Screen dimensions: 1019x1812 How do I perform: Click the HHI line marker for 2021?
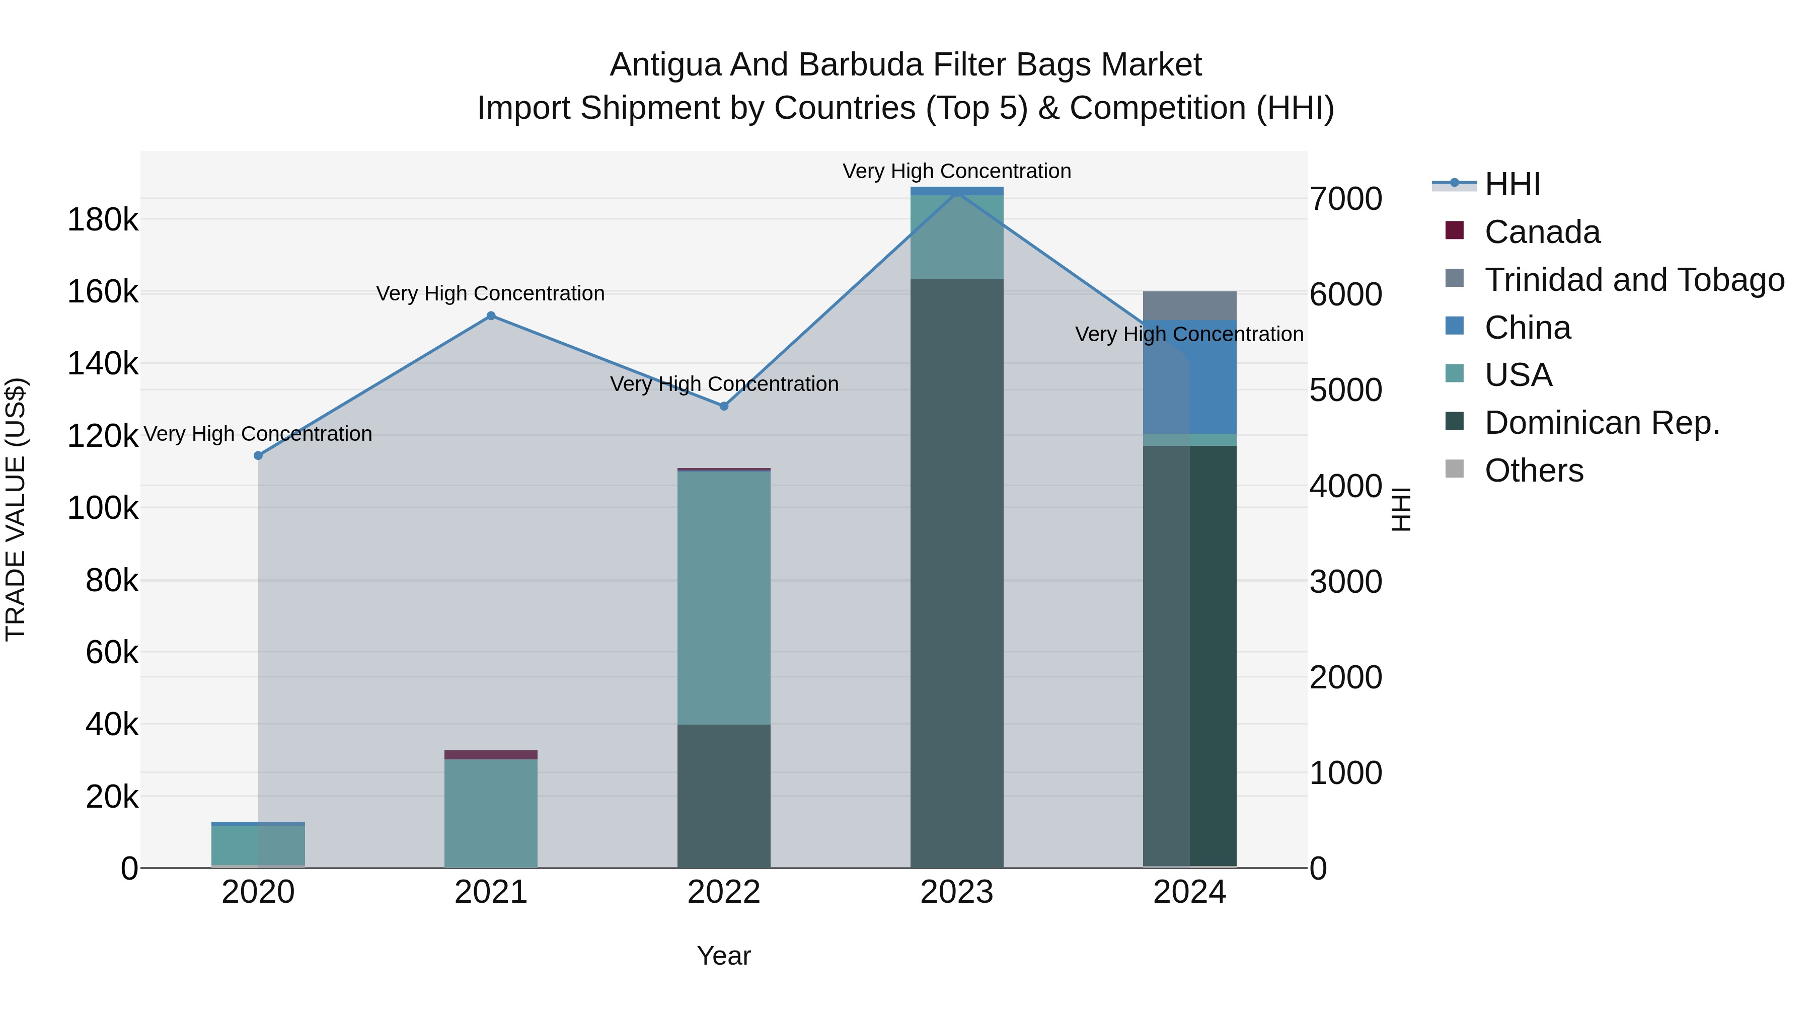pyautogui.click(x=491, y=316)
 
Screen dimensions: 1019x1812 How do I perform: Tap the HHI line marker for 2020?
pyautogui.click(x=258, y=456)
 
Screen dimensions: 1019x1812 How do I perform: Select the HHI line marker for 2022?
pyautogui.click(x=724, y=406)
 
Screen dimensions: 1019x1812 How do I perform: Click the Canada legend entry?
pyautogui.click(x=1542, y=232)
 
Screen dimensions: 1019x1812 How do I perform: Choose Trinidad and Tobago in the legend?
pyautogui.click(x=1634, y=280)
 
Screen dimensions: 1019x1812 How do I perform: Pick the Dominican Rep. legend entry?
pyautogui.click(x=1602, y=423)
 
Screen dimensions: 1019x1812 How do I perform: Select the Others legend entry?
pyautogui.click(x=1534, y=471)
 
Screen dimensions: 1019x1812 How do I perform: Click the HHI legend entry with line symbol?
pyautogui.click(x=1513, y=184)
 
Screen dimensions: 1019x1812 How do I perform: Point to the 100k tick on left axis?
pyautogui.click(x=103, y=508)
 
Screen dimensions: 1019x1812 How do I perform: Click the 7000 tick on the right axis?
pyautogui.click(x=1345, y=199)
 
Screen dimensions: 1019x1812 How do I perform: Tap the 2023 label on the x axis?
pyautogui.click(x=957, y=892)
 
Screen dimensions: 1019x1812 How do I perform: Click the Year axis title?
pyautogui.click(x=724, y=956)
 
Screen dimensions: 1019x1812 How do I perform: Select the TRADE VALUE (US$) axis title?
pyautogui.click(x=16, y=509)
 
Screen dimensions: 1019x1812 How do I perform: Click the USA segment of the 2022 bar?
pyautogui.click(x=724, y=598)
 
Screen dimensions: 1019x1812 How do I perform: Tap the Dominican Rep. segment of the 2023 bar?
pyautogui.click(x=957, y=573)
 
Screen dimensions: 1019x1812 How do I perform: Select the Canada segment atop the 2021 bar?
pyautogui.click(x=491, y=755)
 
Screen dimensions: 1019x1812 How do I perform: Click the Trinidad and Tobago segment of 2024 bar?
pyautogui.click(x=1189, y=305)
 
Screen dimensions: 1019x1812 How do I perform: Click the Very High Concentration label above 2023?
pyautogui.click(x=957, y=171)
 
